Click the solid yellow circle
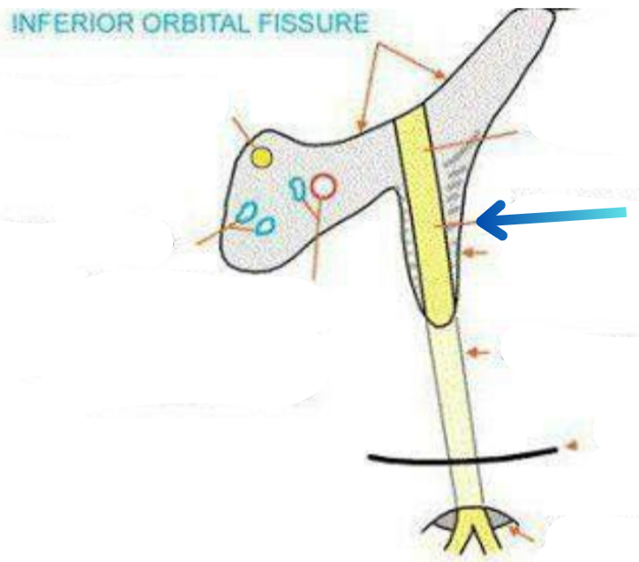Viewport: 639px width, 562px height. (x=261, y=158)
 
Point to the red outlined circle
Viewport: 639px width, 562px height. (x=324, y=186)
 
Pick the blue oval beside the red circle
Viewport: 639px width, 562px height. (x=298, y=186)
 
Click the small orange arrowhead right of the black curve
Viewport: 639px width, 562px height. (x=570, y=448)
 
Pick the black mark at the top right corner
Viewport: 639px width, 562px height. (x=560, y=6)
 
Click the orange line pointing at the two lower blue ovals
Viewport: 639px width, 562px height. (x=216, y=234)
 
